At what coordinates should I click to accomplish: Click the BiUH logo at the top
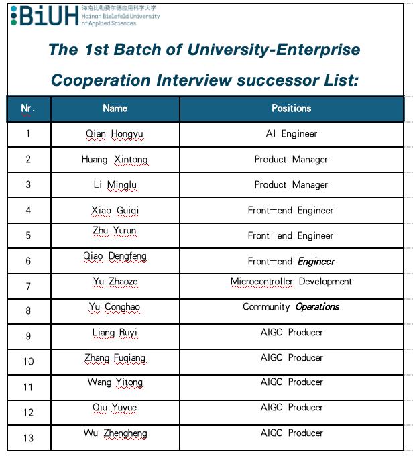(44, 16)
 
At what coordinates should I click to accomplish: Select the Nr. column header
(28, 108)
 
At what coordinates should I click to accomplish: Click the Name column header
(115, 108)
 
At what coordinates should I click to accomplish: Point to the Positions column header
(291, 108)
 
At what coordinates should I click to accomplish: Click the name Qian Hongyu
(115, 134)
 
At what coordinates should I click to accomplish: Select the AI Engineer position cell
(291, 134)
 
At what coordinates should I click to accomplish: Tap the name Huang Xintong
(115, 160)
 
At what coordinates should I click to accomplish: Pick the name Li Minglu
(115, 185)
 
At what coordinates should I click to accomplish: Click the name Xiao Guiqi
(115, 211)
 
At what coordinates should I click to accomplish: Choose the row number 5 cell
(28, 236)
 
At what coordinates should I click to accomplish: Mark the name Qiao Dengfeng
(115, 256)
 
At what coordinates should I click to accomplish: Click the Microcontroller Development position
(291, 282)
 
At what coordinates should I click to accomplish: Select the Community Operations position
(291, 307)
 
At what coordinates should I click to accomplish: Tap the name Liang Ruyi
(115, 333)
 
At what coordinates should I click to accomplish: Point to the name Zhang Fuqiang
(115, 358)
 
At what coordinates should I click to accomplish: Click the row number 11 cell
(28, 387)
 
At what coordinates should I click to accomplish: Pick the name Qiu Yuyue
(115, 408)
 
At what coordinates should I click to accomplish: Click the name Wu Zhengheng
(115, 433)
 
